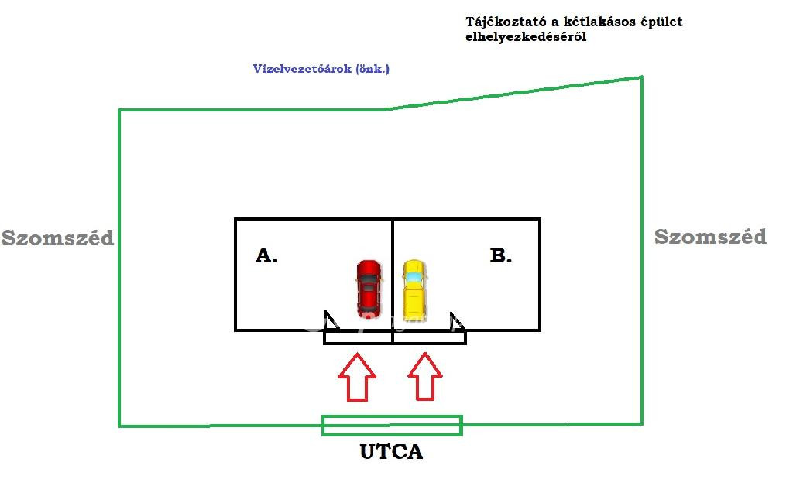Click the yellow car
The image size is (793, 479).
[414, 288]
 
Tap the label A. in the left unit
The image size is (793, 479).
[266, 255]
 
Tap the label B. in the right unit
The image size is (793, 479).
[501, 255]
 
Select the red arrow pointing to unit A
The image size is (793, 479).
[357, 377]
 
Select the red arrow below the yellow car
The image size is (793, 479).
[425, 377]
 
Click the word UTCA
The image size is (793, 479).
[391, 452]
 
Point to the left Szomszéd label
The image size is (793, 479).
[57, 238]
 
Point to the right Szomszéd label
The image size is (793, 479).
[710, 237]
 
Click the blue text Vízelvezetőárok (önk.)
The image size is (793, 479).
[321, 69]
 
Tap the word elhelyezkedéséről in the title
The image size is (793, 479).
[526, 37]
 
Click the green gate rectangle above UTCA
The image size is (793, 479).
[392, 425]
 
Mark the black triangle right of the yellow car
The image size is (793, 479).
[457, 320]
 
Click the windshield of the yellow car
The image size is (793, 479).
[414, 275]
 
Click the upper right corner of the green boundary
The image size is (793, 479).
[642, 77]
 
